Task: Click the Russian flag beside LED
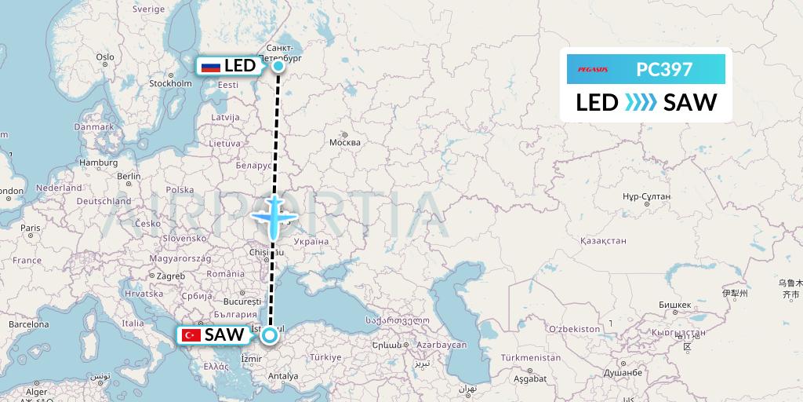point(210,67)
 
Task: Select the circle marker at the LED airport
point(278,66)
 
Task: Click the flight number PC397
point(664,70)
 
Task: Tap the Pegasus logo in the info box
point(592,70)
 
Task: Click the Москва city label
point(344,142)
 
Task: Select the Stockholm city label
point(170,83)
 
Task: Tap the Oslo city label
point(105,57)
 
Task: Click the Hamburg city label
point(98,163)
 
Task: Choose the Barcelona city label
point(29,323)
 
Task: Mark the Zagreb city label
point(171,276)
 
